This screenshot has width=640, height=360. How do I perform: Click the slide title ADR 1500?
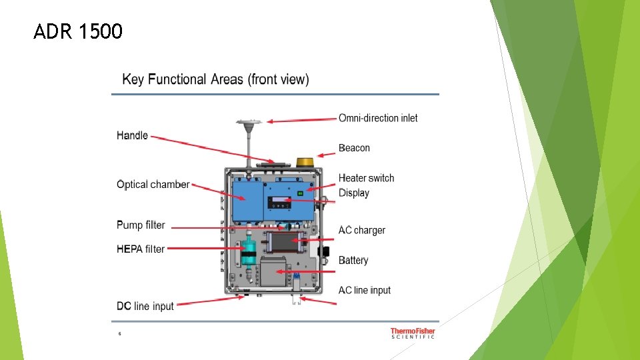point(78,31)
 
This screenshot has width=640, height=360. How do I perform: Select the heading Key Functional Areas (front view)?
point(215,79)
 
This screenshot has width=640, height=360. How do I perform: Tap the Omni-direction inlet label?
point(378,118)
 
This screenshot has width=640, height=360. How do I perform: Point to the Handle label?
point(132,135)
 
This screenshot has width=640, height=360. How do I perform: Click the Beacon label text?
point(354,148)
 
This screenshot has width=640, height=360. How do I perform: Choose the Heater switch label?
point(366,178)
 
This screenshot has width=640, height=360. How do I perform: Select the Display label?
point(353,193)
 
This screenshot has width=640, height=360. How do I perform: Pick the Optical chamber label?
point(153,185)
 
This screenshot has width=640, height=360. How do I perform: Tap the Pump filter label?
point(140,225)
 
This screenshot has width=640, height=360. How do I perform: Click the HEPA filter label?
point(140,249)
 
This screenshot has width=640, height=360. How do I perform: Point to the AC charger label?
point(361,230)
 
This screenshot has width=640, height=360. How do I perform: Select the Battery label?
point(353,260)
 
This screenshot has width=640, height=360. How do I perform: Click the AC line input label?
point(365,290)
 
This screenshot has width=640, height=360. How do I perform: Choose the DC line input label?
point(145,306)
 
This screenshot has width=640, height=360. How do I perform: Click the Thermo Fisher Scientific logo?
point(413,333)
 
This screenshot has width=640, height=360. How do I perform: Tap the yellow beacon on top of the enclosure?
point(305,162)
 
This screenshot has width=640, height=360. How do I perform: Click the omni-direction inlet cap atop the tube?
point(247,123)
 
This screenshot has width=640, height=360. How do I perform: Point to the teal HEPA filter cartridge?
point(248,252)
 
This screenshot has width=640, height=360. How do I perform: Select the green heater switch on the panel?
point(301,193)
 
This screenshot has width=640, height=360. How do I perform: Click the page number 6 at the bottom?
point(119,333)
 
